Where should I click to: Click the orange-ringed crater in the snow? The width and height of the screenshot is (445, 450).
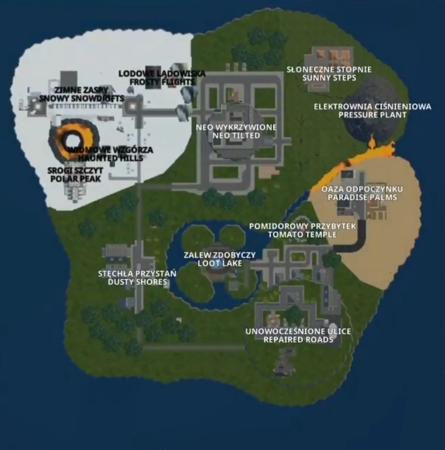coord(73,139)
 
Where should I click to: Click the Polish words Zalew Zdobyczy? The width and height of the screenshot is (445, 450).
coord(219,255)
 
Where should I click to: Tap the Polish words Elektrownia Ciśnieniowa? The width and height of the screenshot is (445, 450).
coord(372,107)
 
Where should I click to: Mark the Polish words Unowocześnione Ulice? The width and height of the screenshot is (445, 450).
coord(298,331)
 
